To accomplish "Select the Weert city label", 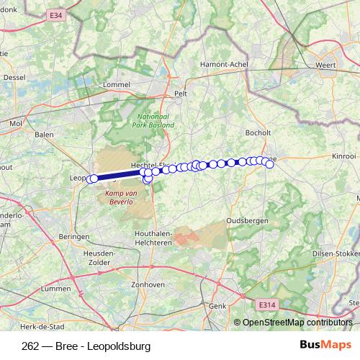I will click(326, 66).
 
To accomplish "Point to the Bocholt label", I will click(257, 132).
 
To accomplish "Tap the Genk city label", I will click(216, 306).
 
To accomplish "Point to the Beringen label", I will click(74, 236).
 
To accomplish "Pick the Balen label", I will click(44, 134).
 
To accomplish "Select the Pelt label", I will click(181, 94).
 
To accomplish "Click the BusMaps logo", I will click(321, 346).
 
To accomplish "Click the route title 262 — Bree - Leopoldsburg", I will click(86, 346).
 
